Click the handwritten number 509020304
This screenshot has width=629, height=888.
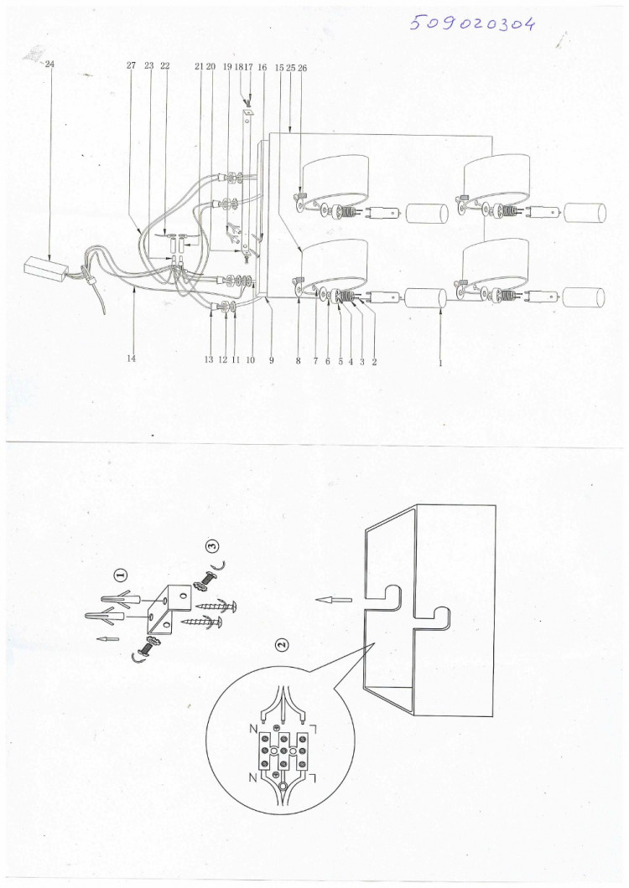472,23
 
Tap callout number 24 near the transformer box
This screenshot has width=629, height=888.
49,64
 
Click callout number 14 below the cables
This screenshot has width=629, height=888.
132,358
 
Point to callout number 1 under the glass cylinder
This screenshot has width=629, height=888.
440,363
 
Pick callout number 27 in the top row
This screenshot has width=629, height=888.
132,65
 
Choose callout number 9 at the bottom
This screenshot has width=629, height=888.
272,360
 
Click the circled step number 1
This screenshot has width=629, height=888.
120,576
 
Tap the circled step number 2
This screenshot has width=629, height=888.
282,644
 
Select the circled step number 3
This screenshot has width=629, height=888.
212,546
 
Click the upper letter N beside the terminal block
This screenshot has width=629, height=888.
253,729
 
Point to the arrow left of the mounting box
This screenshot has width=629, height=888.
334,599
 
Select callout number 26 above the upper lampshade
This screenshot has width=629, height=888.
302,67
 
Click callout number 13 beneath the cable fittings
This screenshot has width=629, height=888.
209,360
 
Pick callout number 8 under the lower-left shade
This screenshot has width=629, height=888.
299,360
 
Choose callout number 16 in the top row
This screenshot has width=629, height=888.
262,67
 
